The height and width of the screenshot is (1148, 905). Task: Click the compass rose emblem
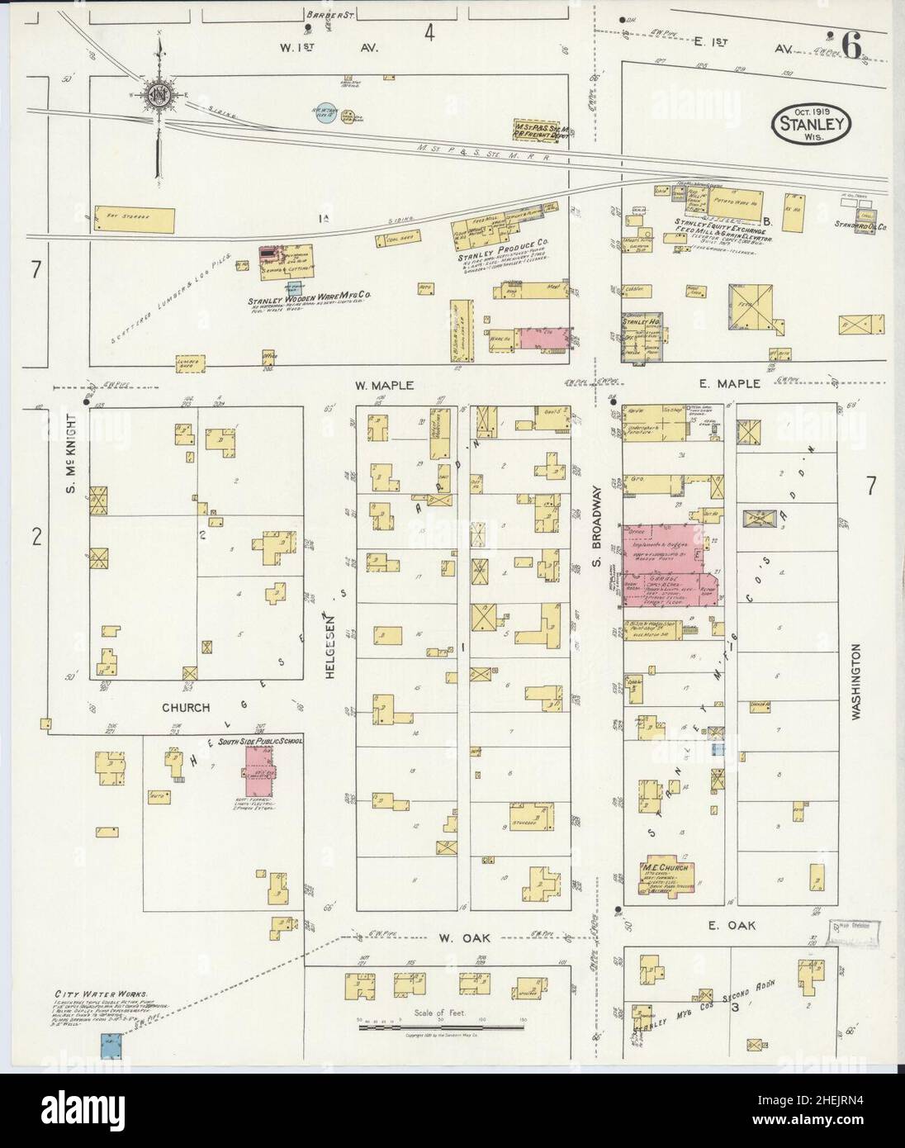click(x=157, y=95)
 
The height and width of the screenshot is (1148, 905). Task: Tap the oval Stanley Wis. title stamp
click(x=813, y=124)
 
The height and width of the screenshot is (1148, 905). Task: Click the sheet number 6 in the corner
click(x=851, y=46)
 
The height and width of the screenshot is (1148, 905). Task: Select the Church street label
click(x=185, y=708)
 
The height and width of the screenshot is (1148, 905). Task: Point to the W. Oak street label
click(x=456, y=937)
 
